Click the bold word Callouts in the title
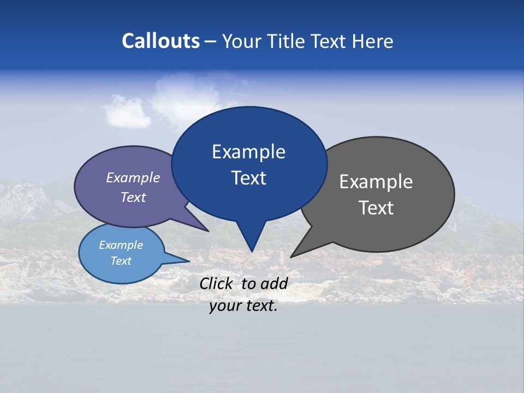click(160, 41)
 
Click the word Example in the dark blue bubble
click(248, 152)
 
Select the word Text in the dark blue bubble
click(248, 178)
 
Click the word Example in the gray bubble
click(376, 182)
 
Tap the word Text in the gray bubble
click(376, 208)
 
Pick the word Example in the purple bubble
click(133, 178)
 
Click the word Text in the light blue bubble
click(121, 261)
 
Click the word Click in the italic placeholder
click(217, 283)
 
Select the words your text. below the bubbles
click(243, 306)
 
